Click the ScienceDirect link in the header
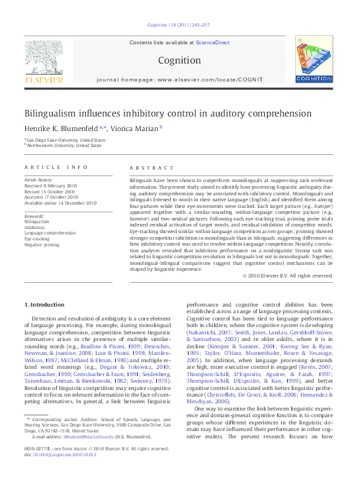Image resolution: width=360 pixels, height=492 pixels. click(213, 42)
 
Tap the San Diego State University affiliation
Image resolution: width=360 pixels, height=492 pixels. click(66, 140)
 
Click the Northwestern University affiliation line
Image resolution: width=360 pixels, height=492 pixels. click(64, 145)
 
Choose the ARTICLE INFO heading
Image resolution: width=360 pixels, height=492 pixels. click(55, 168)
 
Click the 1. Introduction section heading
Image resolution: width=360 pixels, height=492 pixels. click(46, 304)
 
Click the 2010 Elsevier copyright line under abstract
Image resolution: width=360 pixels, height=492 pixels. click(287, 275)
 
